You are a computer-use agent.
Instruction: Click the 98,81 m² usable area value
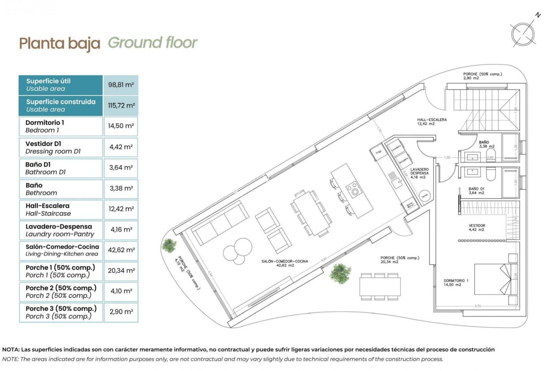click(x=121, y=85)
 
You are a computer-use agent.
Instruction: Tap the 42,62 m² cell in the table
click(x=121, y=250)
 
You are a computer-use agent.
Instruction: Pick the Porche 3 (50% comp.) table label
click(x=60, y=312)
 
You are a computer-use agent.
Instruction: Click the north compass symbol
click(x=523, y=34)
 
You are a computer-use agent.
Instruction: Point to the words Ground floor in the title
click(x=152, y=43)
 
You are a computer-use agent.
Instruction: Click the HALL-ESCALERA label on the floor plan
click(x=432, y=121)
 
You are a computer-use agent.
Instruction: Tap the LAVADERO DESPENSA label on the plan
click(x=419, y=173)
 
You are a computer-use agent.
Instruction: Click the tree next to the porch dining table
click(x=340, y=273)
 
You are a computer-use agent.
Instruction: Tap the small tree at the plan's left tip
click(x=169, y=245)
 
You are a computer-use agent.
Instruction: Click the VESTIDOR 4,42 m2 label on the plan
click(x=477, y=227)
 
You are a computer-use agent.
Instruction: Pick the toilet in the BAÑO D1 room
click(x=491, y=174)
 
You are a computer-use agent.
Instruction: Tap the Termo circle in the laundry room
click(x=425, y=195)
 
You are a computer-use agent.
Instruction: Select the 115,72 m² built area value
click(x=121, y=105)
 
